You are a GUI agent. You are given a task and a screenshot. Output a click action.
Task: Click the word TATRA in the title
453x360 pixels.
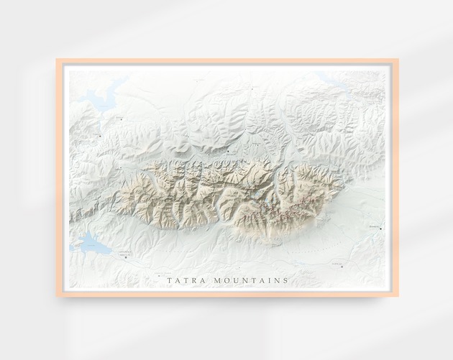181,280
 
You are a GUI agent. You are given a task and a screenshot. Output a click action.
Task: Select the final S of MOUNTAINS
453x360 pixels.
285,280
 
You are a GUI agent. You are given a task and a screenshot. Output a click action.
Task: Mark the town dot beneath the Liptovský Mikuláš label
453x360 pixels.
126,258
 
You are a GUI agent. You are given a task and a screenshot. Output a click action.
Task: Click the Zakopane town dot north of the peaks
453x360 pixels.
229,152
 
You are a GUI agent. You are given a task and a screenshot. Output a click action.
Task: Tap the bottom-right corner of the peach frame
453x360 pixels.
396,295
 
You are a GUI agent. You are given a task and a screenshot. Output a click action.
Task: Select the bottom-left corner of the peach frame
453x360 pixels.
58,295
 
